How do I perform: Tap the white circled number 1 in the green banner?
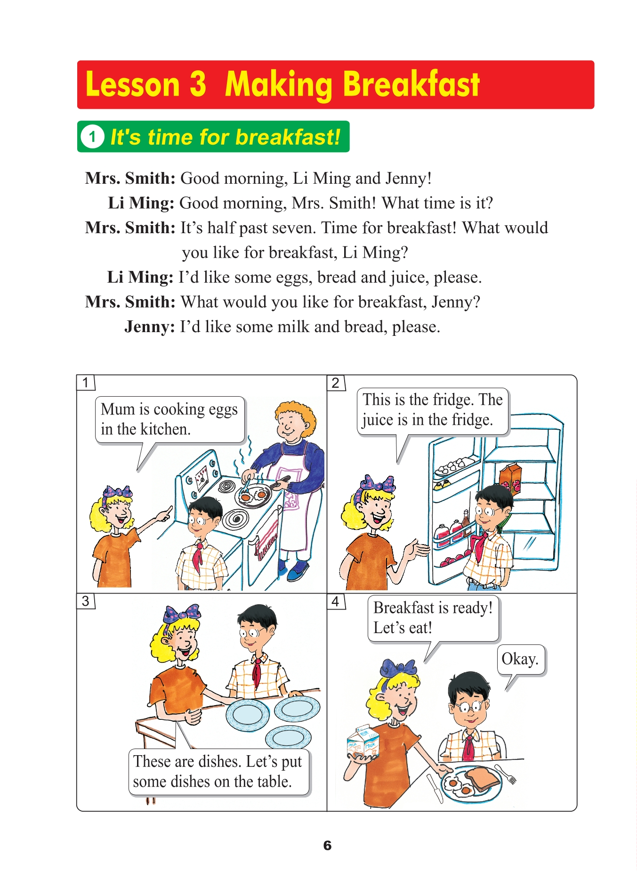[92, 137]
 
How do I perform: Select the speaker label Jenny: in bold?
[150, 327]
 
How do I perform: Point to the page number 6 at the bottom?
[327, 846]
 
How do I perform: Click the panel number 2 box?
[336, 383]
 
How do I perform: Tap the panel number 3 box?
[86, 601]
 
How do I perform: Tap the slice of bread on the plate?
[481, 779]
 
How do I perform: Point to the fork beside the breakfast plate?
[506, 774]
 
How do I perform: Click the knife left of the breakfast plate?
[435, 788]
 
